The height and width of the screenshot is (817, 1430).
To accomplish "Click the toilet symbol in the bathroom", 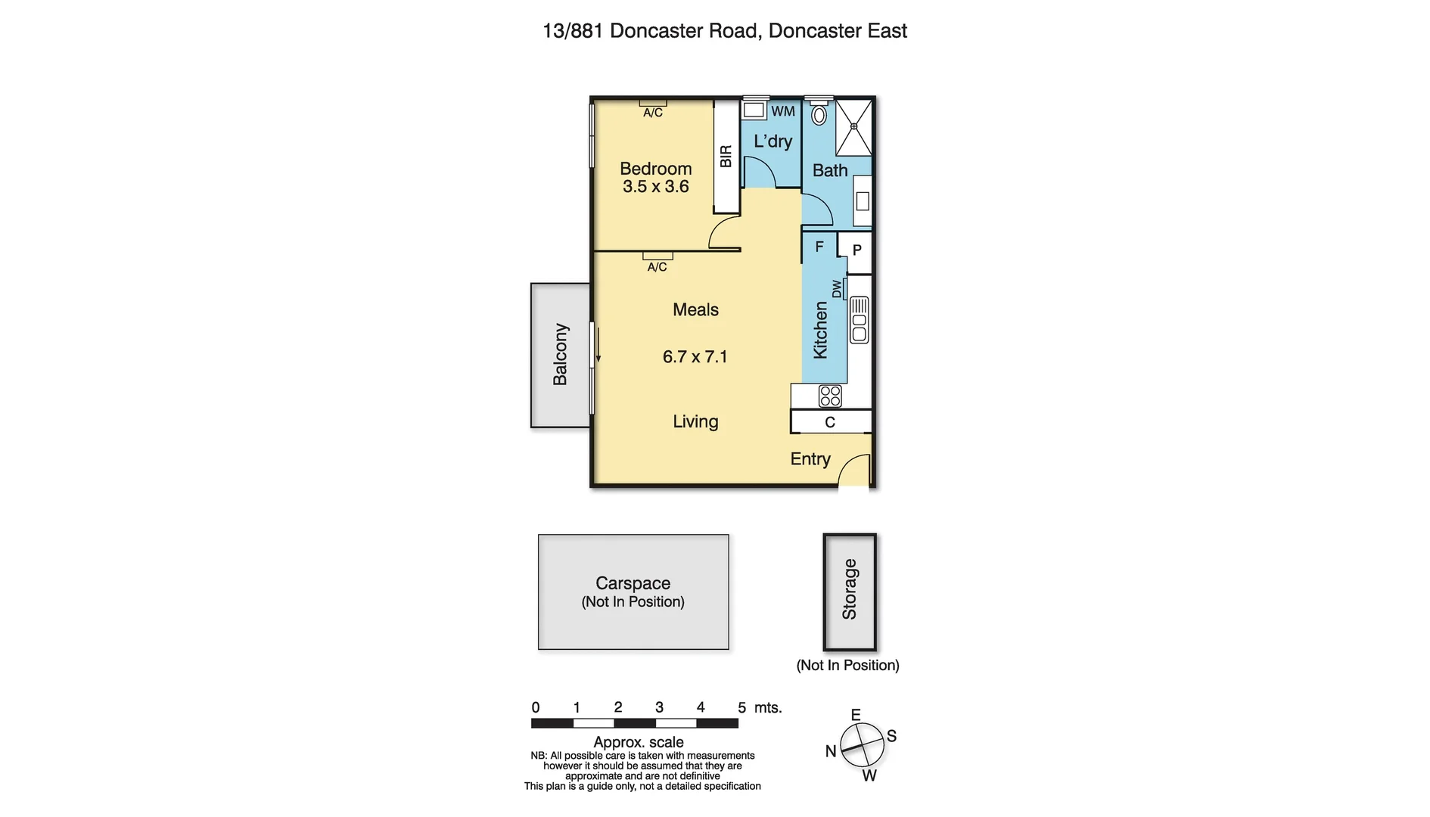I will [x=819, y=115].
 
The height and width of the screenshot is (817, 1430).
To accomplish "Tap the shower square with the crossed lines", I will [x=853, y=127].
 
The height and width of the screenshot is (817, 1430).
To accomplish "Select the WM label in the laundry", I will [x=783, y=111].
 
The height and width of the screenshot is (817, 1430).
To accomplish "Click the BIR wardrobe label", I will [x=726, y=157].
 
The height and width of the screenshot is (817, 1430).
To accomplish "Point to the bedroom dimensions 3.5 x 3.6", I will [x=655, y=187].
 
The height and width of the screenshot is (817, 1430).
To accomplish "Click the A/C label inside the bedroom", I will [x=652, y=113].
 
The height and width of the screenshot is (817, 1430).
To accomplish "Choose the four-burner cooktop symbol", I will [x=830, y=396].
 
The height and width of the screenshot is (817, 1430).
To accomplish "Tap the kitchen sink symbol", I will [x=859, y=320].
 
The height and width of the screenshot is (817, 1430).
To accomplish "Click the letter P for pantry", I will [x=856, y=250].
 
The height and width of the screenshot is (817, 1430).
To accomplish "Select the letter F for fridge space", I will [x=819, y=247].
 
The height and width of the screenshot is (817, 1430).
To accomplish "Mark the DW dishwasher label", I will [x=837, y=289].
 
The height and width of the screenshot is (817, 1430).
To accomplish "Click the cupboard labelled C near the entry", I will [x=830, y=422].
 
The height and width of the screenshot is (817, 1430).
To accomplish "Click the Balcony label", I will [x=560, y=354].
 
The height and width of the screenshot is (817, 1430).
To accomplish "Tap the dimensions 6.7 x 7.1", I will [x=695, y=357].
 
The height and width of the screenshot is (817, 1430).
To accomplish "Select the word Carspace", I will [x=633, y=583].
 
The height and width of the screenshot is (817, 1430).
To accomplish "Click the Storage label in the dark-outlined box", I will [x=849, y=589].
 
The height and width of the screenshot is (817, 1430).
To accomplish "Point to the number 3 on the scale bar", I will [x=659, y=707].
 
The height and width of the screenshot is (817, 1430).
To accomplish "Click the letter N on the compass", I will [x=830, y=751].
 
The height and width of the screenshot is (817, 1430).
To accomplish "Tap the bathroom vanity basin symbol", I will [x=862, y=201].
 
